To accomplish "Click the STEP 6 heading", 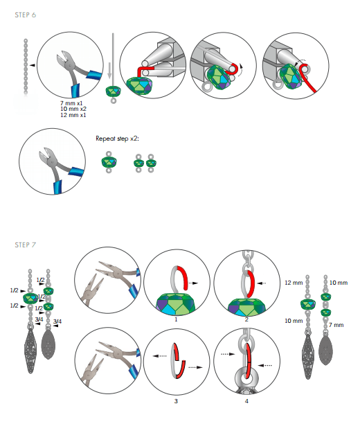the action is click(26, 15).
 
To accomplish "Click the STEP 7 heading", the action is click(26, 245).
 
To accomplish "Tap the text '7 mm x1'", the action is click(71, 103).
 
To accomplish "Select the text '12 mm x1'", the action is click(73, 115).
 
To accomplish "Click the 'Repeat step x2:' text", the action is click(117, 139).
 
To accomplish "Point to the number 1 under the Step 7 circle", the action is click(176, 319).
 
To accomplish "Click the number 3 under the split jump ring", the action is click(176, 401).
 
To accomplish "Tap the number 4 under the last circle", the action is click(246, 401).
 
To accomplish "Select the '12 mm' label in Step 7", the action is click(294, 283).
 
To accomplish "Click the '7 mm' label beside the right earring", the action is click(336, 325).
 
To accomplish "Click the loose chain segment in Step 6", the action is click(26, 67).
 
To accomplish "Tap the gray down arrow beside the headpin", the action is click(109, 71).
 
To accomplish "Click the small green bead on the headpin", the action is click(113, 91).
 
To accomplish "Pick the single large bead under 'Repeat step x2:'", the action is click(109, 162).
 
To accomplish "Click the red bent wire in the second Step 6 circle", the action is click(145, 71).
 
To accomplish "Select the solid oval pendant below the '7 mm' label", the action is click(325, 349).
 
